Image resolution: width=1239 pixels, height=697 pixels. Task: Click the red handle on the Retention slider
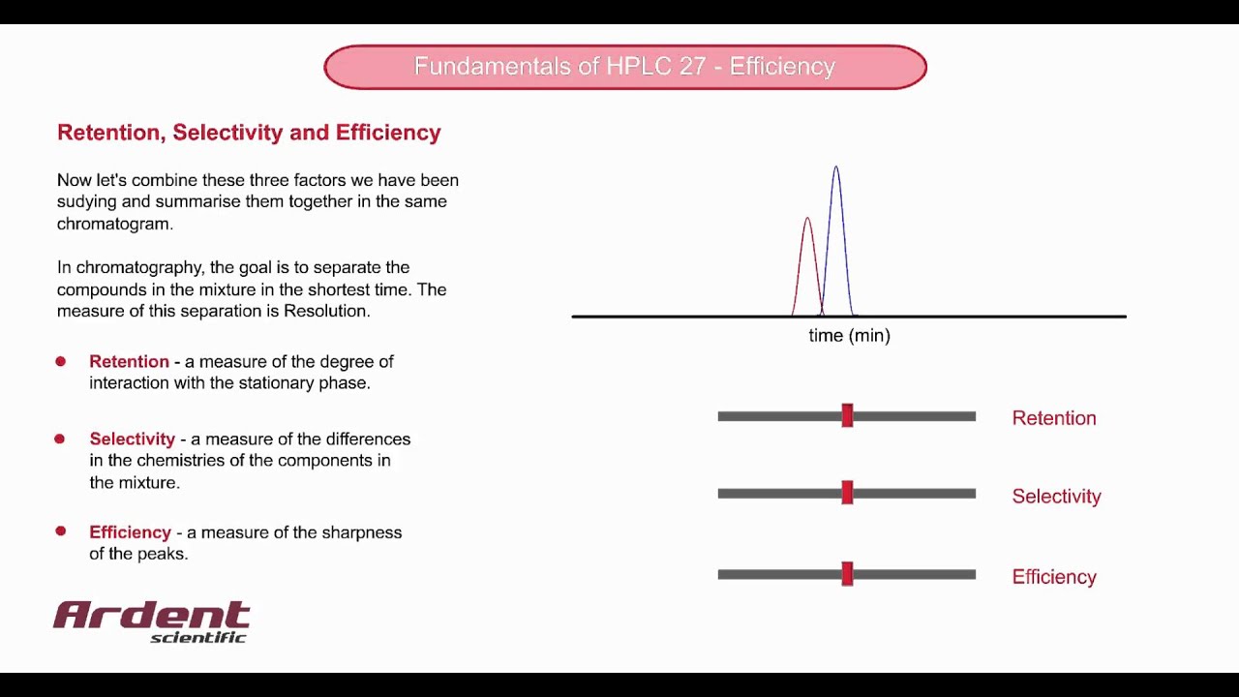(x=847, y=416)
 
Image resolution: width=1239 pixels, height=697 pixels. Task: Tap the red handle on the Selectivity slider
(x=847, y=493)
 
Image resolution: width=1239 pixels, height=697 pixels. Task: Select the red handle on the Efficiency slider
(x=847, y=574)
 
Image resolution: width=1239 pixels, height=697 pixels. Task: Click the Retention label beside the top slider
(x=1053, y=418)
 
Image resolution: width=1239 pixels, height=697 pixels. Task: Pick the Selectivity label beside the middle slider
(x=1056, y=496)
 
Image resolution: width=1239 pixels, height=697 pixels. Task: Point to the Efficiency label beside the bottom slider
(x=1053, y=577)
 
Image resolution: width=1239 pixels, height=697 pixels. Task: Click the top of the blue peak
(x=836, y=168)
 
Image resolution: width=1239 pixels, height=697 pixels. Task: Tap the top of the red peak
(x=807, y=219)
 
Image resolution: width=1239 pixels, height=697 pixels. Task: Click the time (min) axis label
(x=849, y=336)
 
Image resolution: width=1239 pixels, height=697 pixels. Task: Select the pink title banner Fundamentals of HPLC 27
(x=624, y=67)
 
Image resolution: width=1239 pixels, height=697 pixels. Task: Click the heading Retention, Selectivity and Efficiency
(x=249, y=133)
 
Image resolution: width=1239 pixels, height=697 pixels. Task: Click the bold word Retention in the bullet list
(x=129, y=361)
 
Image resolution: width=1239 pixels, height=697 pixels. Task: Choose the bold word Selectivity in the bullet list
(x=132, y=439)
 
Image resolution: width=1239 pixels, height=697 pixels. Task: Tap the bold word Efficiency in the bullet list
(x=130, y=532)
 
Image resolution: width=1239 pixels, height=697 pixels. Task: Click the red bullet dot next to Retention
(x=60, y=361)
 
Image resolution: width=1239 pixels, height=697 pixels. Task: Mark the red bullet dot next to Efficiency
(x=60, y=531)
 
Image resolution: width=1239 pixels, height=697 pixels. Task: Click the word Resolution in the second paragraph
(x=325, y=311)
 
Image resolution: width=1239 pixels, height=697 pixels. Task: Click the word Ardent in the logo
(x=152, y=615)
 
